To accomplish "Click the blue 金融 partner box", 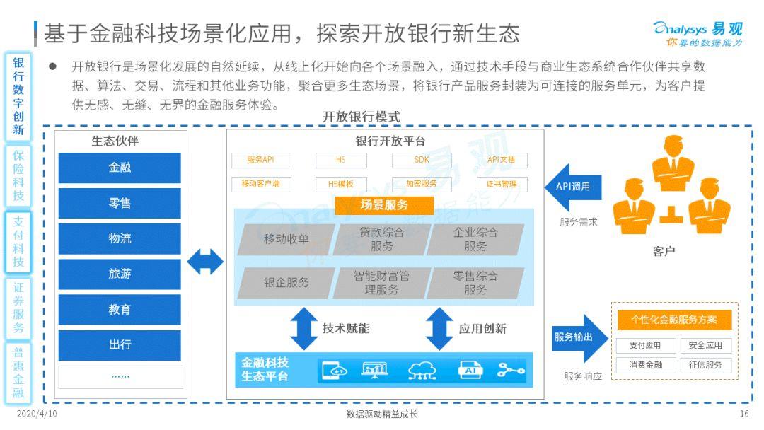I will pos(120,168).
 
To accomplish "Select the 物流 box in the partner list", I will pos(120,238).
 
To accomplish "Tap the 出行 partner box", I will pos(120,345).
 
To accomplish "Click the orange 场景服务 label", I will pos(384,206).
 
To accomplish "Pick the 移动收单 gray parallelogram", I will pos(286,239).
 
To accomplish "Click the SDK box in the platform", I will pos(422,161).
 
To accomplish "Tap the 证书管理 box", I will pos(502,185).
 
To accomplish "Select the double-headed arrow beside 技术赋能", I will pos(304,329).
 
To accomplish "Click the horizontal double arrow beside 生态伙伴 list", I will pos(205,262).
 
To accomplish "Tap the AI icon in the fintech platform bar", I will pos(470,370).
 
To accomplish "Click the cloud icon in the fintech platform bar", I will pos(422,370).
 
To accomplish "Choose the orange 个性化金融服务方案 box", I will pos(674,320).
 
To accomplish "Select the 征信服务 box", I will pos(705,365).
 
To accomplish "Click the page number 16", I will pos(743,414).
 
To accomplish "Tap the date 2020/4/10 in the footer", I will pos(37,414).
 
